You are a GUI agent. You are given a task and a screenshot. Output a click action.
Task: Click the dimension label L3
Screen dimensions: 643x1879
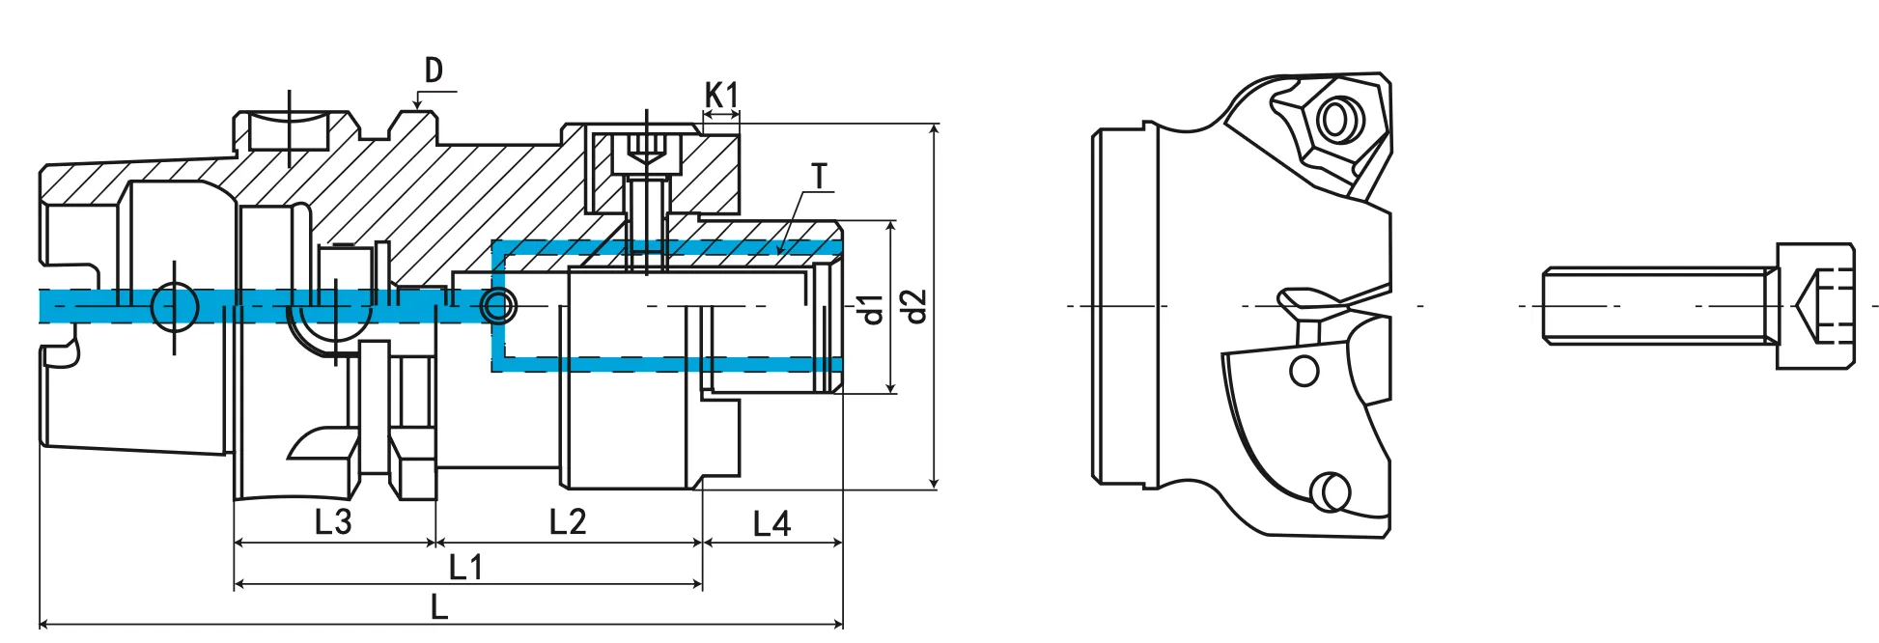click(x=333, y=522)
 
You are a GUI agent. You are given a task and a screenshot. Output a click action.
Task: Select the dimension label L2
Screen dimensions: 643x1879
click(x=568, y=522)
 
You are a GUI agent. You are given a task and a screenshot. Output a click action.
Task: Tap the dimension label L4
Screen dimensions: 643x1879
click(x=771, y=524)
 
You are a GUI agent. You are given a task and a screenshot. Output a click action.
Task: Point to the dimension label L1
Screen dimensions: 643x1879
click(x=466, y=567)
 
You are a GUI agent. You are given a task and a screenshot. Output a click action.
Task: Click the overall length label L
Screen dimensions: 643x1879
click(x=439, y=607)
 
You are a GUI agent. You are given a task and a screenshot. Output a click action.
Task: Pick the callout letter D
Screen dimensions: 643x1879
click(x=434, y=70)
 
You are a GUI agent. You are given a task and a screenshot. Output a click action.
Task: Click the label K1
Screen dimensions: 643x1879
click(x=721, y=96)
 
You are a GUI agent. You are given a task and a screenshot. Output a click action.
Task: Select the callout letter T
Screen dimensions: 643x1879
click(x=820, y=177)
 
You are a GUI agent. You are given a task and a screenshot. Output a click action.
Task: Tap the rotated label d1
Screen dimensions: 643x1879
click(x=871, y=309)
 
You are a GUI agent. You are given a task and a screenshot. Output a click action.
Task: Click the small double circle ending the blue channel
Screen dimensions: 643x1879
click(x=499, y=307)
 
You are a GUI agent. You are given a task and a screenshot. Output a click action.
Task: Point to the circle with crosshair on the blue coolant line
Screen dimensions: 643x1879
click(x=175, y=307)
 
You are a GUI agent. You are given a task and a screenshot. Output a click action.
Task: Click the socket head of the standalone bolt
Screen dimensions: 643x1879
click(x=1815, y=306)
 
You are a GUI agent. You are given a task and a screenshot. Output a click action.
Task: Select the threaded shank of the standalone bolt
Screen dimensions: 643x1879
click(x=1656, y=306)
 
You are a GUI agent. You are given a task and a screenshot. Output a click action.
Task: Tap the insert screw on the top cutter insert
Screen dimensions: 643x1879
click(x=1338, y=120)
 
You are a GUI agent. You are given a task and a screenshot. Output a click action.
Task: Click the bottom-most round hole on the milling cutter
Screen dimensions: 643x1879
click(x=1332, y=491)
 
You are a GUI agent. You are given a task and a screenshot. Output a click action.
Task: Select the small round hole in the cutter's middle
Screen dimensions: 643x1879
click(x=1304, y=371)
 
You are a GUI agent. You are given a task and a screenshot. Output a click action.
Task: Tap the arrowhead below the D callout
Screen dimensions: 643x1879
click(x=417, y=104)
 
